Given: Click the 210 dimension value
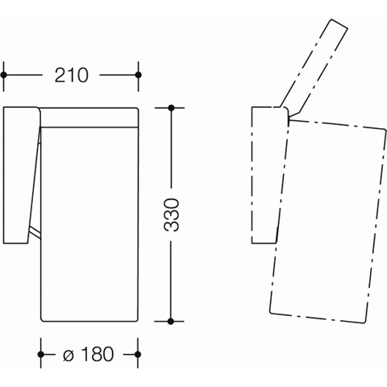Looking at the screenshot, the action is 72,75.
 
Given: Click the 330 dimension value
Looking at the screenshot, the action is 171,215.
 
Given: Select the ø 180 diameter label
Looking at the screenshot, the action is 89,354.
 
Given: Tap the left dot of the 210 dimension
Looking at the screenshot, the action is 4,75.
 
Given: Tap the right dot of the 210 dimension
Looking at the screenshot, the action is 139,75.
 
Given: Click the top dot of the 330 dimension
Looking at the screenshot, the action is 171,108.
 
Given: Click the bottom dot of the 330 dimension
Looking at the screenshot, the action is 171,321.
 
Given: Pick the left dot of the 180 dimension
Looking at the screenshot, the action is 41,355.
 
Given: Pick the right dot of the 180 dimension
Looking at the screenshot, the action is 138,355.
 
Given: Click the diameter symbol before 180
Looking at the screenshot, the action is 69,356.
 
